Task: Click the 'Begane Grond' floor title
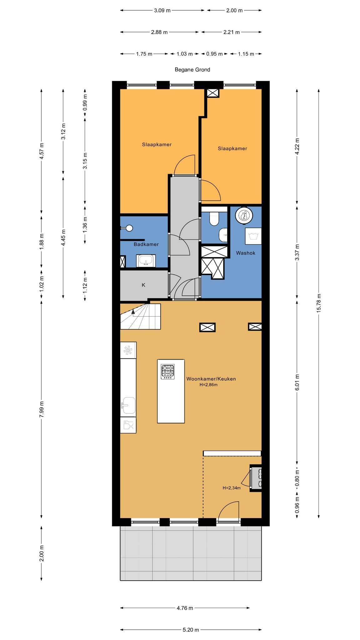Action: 192,70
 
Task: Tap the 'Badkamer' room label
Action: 146,244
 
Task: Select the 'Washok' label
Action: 246,253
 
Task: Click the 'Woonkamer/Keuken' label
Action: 211,379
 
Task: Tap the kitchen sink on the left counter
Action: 128,405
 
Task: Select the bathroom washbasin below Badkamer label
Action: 146,261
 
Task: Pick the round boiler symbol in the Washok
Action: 244,216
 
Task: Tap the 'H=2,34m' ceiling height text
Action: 232,488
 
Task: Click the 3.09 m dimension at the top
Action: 162,10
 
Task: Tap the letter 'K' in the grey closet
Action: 143,285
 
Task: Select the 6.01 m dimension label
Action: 297,382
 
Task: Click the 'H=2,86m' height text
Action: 208,385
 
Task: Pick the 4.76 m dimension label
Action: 185,608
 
